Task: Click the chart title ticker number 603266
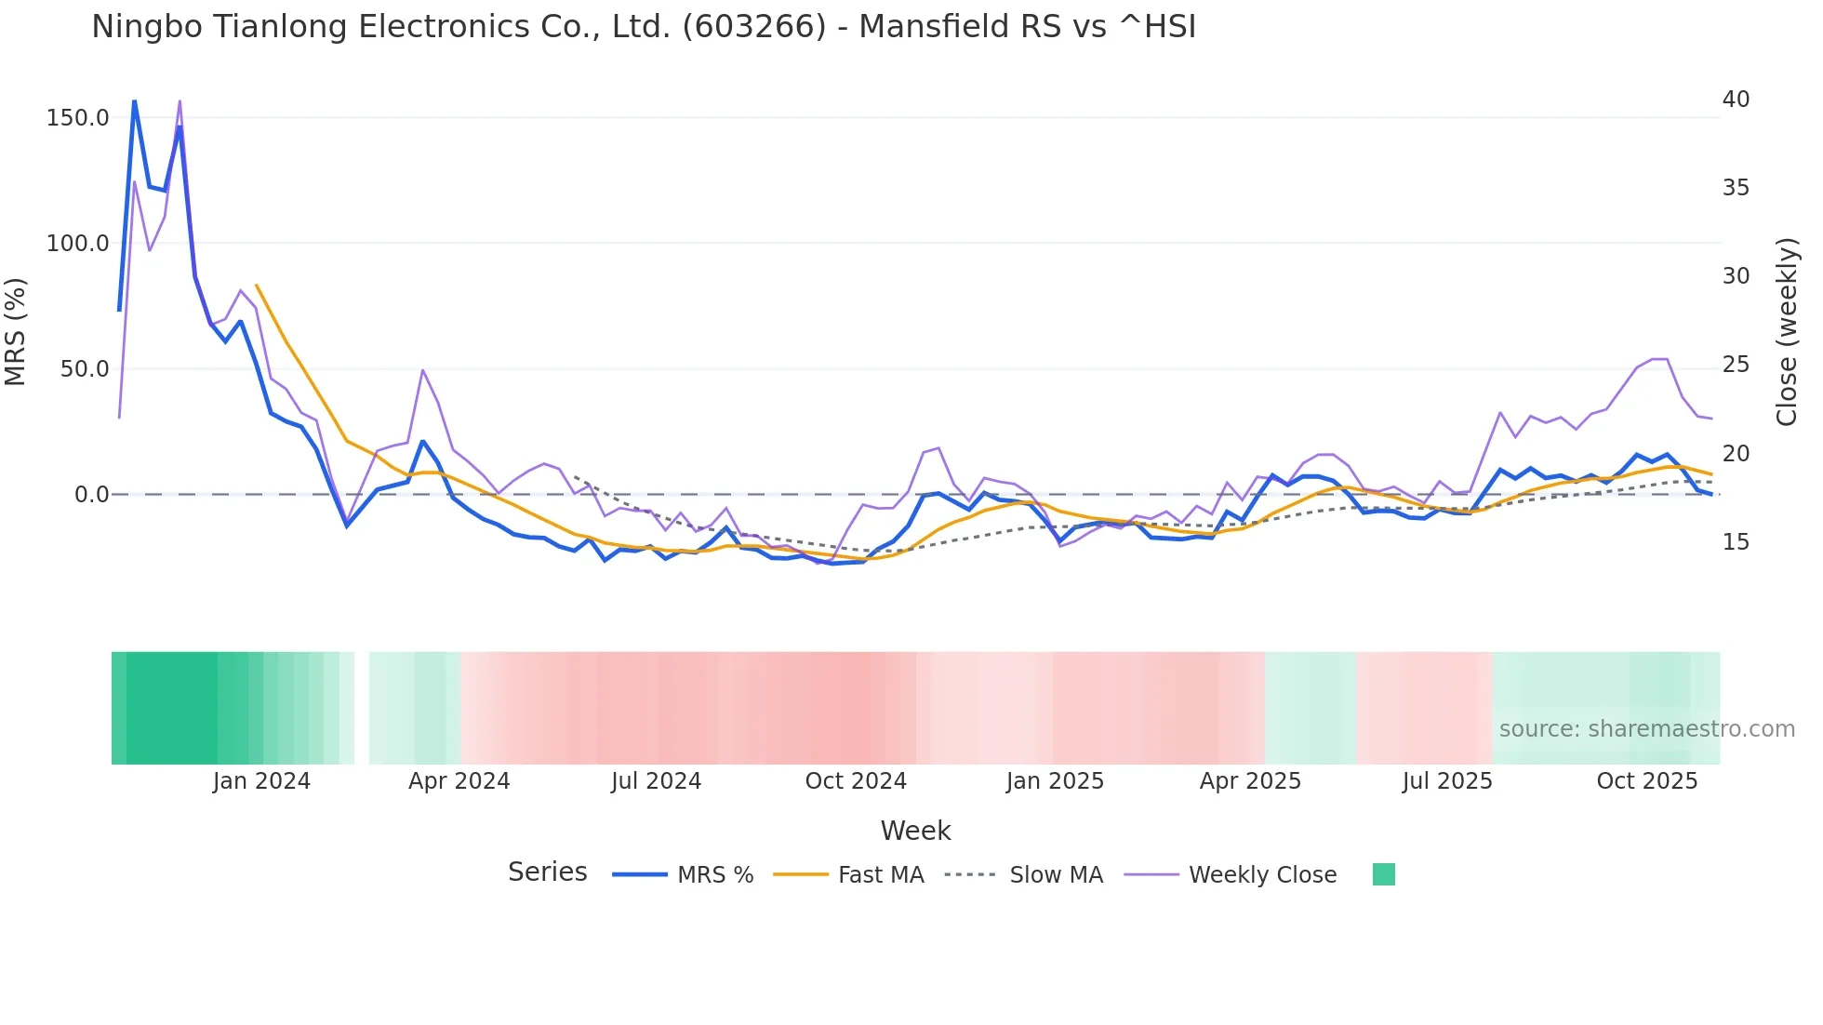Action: (753, 27)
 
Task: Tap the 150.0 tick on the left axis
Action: (77, 118)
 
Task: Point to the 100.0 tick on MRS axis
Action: (77, 244)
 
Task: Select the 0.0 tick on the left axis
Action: (91, 495)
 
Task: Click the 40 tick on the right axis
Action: (1736, 100)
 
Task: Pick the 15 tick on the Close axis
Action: (1736, 542)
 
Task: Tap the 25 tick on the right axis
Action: (1736, 365)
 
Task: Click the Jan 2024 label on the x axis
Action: (261, 781)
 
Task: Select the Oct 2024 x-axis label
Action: (856, 781)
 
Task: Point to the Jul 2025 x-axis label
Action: (1447, 781)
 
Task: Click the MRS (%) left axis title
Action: (16, 331)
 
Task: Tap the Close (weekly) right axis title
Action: (1787, 331)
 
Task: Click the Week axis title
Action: (915, 831)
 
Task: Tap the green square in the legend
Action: (1383, 874)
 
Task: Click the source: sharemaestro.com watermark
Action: (1646, 729)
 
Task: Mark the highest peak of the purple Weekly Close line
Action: (180, 100)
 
